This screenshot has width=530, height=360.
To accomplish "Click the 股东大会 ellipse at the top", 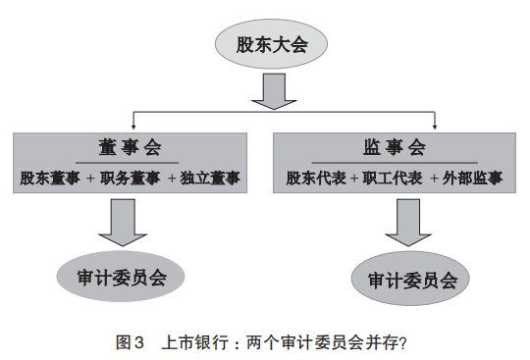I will [267, 45].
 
